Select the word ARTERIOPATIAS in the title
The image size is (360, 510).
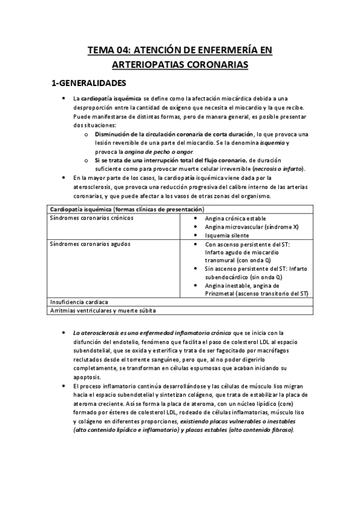[x=148, y=64]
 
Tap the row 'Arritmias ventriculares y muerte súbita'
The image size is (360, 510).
[x=103, y=310]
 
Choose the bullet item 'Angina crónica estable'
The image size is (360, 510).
[x=235, y=218]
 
